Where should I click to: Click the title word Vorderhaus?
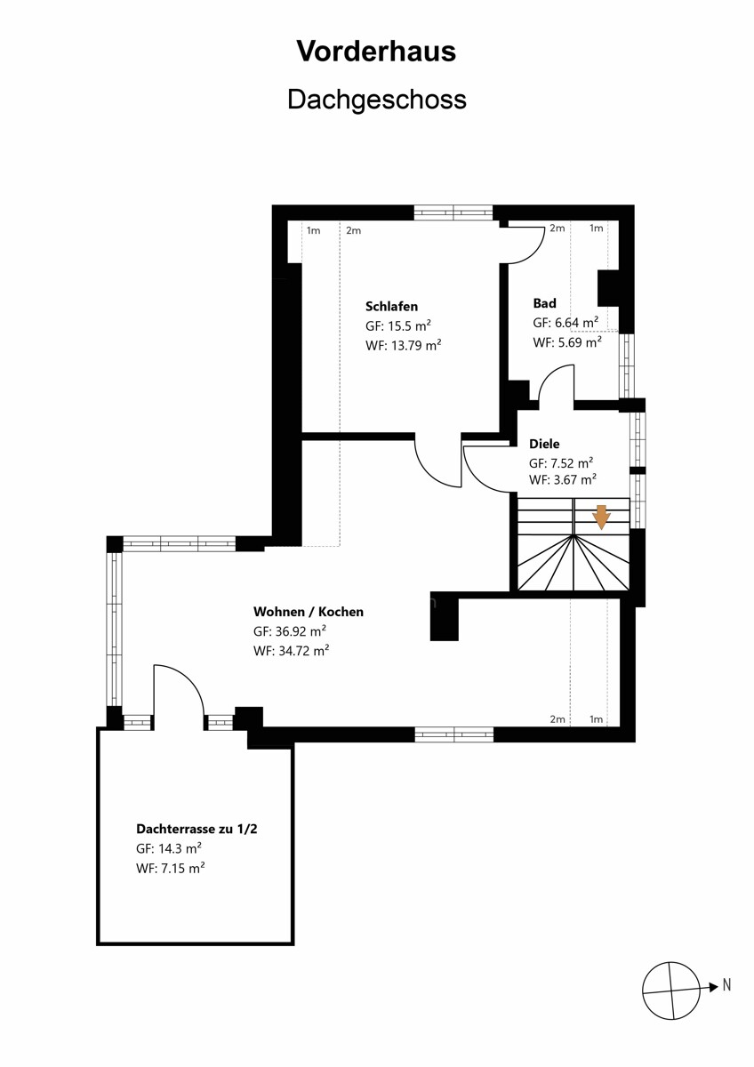(376, 52)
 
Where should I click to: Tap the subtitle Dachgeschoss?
(377, 100)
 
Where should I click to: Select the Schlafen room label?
(391, 306)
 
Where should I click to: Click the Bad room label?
(544, 303)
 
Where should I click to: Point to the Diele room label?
(544, 444)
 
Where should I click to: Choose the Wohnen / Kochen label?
(309, 611)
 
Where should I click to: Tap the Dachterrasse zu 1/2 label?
(197, 829)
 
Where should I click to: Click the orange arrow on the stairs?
(602, 517)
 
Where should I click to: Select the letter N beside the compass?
(726, 984)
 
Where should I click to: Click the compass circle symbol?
(671, 991)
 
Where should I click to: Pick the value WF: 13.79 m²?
(404, 345)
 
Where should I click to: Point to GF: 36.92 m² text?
(290, 631)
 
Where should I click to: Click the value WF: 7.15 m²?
(171, 868)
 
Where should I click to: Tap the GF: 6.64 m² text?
(565, 323)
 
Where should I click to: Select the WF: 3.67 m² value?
(563, 479)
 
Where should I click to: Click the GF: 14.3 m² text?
(169, 848)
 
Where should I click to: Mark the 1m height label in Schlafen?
(313, 231)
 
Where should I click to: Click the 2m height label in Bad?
(557, 229)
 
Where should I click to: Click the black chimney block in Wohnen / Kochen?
(445, 616)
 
